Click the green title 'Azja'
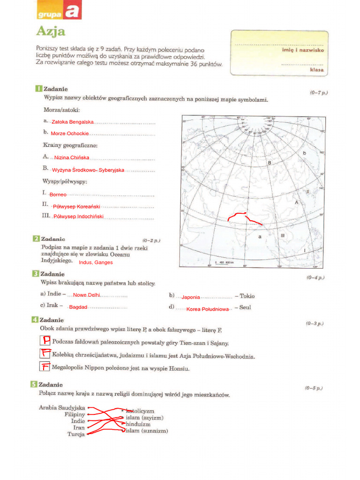coord(51,32)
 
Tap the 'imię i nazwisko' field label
coord(303,50)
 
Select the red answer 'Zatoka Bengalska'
coord(73,122)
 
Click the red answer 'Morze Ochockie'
coord(70,134)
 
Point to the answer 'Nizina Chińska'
coord(72,157)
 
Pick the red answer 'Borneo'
coord(58,194)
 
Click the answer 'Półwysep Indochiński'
coord(78,217)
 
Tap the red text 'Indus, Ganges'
coord(96,262)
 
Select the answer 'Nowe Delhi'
coord(87,295)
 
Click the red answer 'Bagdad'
coord(78,307)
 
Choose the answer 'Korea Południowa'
coord(207,309)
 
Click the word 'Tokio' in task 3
coord(247,296)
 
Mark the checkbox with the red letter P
coord(45,341)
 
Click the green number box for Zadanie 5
coord(34,384)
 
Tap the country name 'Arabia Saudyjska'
coord(62,408)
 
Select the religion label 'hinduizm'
coord(138,424)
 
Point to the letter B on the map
coord(270,163)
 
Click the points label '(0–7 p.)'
coord(319,93)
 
